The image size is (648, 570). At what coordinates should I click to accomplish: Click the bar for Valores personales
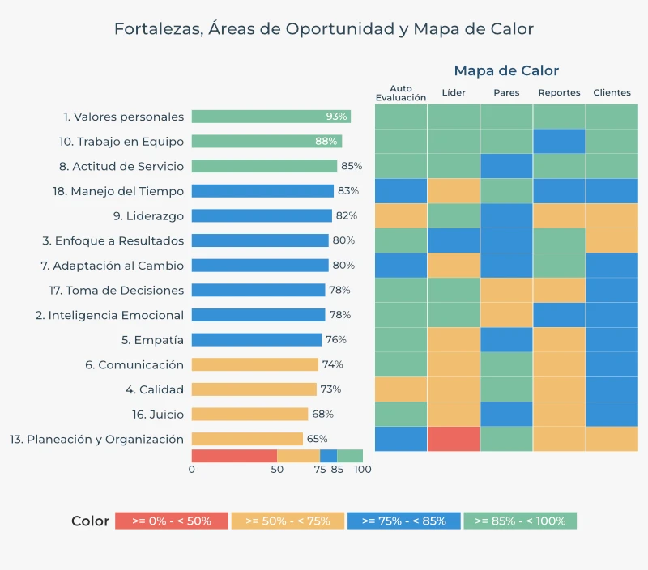(x=271, y=117)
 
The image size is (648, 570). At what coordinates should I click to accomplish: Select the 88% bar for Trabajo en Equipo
(x=266, y=142)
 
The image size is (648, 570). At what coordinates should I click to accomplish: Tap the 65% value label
(x=318, y=439)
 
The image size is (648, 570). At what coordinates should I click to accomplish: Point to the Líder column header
(x=454, y=92)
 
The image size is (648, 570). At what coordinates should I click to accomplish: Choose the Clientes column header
(x=612, y=92)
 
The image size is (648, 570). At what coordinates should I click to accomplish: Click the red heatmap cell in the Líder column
(x=454, y=439)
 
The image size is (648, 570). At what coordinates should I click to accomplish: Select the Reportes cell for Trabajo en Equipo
(x=559, y=142)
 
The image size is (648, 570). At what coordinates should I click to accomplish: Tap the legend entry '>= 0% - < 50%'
(x=171, y=521)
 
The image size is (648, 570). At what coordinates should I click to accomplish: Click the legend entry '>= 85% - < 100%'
(x=520, y=521)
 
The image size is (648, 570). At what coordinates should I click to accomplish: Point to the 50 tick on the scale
(x=277, y=470)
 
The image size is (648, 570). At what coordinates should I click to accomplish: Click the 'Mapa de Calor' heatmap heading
(x=506, y=70)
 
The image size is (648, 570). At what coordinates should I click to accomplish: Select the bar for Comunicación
(x=254, y=364)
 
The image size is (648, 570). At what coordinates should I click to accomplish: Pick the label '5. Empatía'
(x=152, y=340)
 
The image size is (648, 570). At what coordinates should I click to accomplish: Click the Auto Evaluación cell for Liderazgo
(x=401, y=216)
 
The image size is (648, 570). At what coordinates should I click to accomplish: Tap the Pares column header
(x=506, y=92)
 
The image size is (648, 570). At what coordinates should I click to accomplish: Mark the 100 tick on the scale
(x=363, y=470)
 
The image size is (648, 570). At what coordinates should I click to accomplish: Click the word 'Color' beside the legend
(x=90, y=521)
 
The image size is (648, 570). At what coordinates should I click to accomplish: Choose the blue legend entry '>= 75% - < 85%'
(x=403, y=521)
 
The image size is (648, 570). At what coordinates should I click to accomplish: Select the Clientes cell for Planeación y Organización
(x=612, y=439)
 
